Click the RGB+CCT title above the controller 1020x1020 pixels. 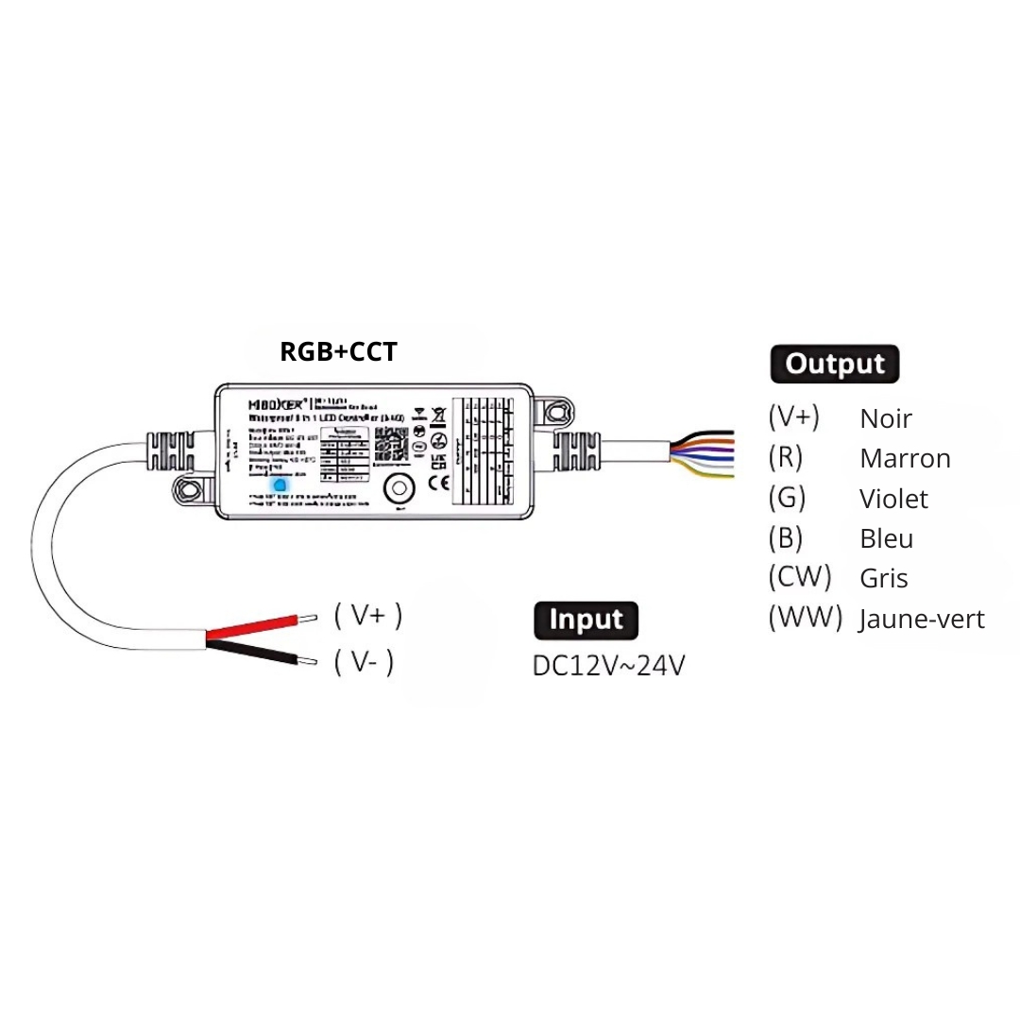click(x=338, y=351)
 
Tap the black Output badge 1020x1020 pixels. click(x=835, y=365)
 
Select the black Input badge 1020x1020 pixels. click(x=586, y=620)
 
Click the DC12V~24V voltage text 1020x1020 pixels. click(x=609, y=666)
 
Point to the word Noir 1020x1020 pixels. click(x=886, y=418)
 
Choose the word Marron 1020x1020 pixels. click(x=905, y=459)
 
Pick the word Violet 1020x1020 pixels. click(x=893, y=499)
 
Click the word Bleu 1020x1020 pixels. click(x=887, y=538)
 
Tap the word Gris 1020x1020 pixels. click(x=884, y=578)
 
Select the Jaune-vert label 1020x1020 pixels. click(x=921, y=620)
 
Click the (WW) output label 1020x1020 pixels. click(x=805, y=618)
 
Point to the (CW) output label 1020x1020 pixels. click(x=799, y=576)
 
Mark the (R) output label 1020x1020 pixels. click(x=785, y=457)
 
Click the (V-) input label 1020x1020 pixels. click(x=364, y=663)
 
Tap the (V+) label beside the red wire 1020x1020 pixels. click(x=368, y=616)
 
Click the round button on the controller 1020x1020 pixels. click(x=399, y=488)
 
